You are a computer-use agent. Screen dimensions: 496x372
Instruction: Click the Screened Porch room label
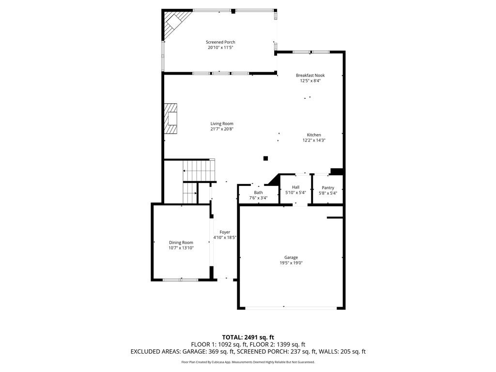(x=220, y=42)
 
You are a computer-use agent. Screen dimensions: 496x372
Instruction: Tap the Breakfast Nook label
(x=310, y=75)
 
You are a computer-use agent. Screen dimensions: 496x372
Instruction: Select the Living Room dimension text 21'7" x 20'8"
(x=222, y=129)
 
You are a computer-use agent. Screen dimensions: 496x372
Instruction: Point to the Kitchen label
(x=314, y=135)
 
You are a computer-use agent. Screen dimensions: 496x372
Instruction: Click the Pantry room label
(x=328, y=187)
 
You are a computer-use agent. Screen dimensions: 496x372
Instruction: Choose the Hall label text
(x=296, y=187)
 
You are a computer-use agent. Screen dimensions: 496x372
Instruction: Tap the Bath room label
(x=259, y=193)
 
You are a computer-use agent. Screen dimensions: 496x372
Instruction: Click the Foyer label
(x=225, y=232)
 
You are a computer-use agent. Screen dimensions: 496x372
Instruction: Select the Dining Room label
(x=181, y=243)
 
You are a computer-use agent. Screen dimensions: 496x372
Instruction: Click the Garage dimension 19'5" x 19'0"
(x=291, y=263)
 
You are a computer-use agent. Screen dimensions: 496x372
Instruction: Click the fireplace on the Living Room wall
(x=170, y=119)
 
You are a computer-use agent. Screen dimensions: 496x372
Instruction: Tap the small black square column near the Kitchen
(x=266, y=158)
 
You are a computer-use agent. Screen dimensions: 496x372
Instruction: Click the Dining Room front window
(x=181, y=279)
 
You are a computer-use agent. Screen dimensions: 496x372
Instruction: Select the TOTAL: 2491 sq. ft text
(x=248, y=337)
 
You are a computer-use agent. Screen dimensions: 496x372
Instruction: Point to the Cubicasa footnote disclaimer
(x=248, y=362)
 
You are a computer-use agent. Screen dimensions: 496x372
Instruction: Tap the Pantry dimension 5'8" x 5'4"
(x=328, y=193)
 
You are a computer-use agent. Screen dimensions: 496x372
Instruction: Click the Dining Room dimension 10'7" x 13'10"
(x=181, y=248)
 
